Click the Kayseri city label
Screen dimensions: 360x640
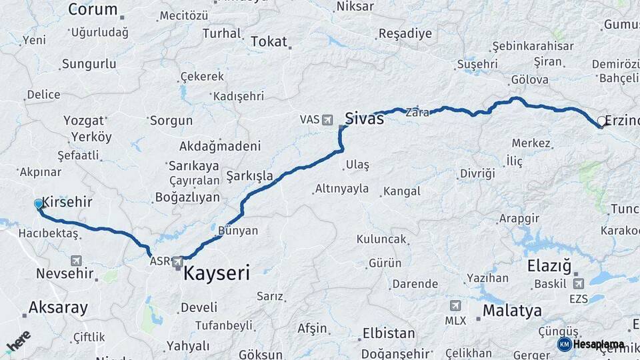coord(216,273)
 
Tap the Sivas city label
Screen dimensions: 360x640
coord(364,119)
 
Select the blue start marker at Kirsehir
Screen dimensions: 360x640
coord(39,205)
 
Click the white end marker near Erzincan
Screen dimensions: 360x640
coord(601,121)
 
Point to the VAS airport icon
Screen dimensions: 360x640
coord(327,120)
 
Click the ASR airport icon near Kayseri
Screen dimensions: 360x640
coord(177,261)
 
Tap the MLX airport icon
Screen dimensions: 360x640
coord(455,306)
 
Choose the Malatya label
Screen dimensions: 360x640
coord(511,310)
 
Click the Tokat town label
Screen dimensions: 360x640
coord(269,41)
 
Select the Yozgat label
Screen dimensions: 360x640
coord(84,121)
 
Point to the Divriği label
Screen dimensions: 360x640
coord(477,173)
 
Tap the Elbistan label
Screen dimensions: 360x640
coord(388,333)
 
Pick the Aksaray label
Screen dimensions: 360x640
coord(58,307)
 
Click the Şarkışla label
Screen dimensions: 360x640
coord(250,176)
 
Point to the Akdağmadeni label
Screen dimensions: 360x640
coord(219,146)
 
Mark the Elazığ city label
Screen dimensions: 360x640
coord(549,267)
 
